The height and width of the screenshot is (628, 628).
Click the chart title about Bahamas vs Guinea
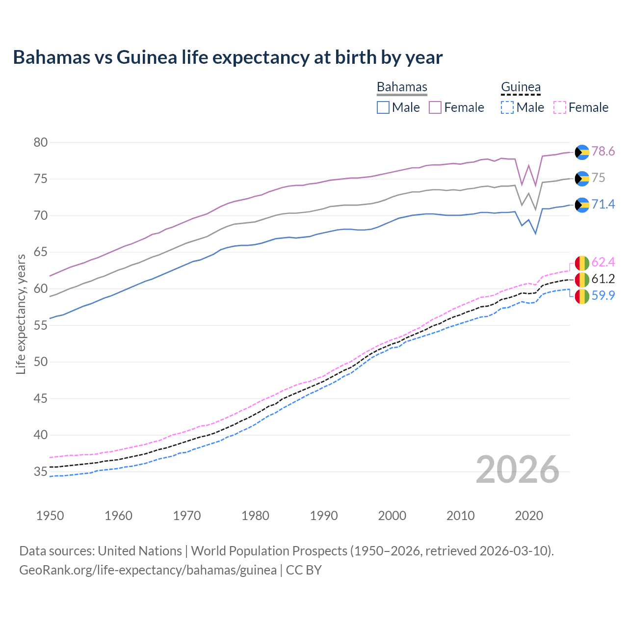click(x=228, y=57)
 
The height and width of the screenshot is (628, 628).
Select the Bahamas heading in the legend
click(x=402, y=87)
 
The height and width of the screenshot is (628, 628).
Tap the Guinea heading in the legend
click(x=521, y=87)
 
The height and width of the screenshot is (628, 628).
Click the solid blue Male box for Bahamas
click(x=383, y=107)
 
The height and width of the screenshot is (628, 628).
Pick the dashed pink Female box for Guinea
click(x=560, y=107)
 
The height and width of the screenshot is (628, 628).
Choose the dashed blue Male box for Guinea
click(x=507, y=107)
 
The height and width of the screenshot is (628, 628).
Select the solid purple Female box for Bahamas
click(x=435, y=107)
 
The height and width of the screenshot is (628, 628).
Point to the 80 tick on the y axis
click(x=41, y=143)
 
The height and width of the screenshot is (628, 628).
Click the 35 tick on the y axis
click(x=41, y=472)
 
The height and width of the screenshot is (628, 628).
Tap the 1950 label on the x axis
click(x=50, y=516)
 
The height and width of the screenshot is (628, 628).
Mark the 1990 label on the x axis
click(x=324, y=516)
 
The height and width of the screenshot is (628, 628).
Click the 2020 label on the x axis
click(x=529, y=516)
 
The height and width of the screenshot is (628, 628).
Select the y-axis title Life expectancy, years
click(x=21, y=314)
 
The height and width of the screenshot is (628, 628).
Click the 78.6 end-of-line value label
click(x=603, y=152)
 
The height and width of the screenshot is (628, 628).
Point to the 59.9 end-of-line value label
click(x=603, y=295)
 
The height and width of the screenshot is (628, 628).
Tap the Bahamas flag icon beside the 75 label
click(x=582, y=179)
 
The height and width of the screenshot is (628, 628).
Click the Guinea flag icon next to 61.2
click(x=582, y=280)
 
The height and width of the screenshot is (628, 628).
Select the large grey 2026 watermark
click(x=518, y=470)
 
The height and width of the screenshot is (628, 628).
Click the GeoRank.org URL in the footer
click(x=148, y=570)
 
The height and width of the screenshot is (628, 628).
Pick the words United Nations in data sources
click(x=140, y=551)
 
